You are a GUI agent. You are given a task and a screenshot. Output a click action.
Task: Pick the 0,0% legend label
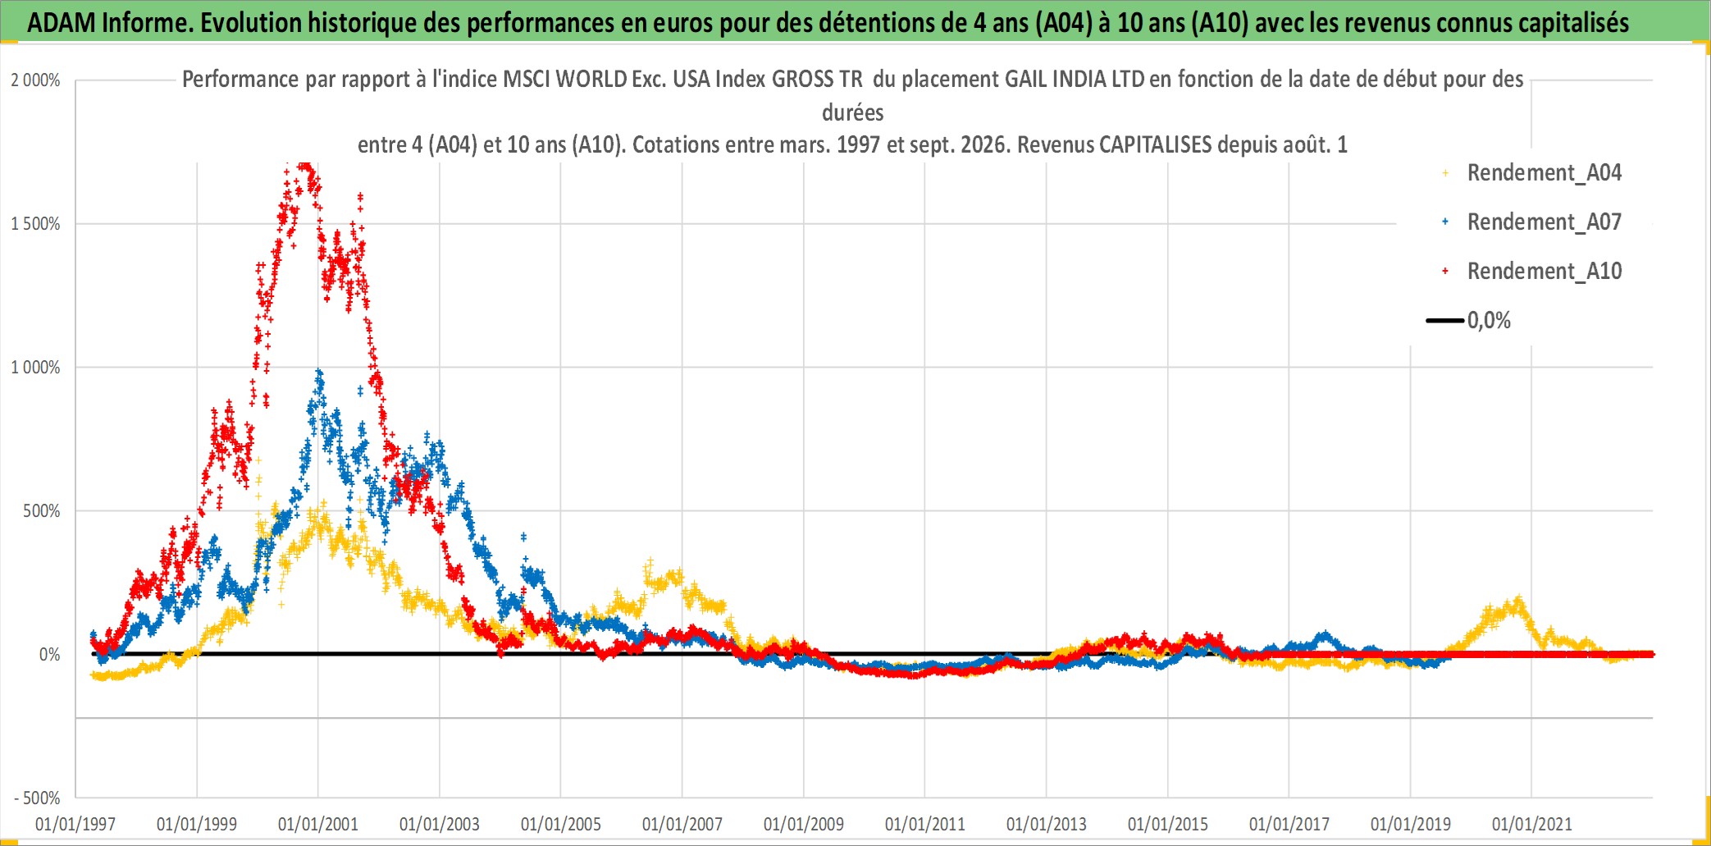(1489, 320)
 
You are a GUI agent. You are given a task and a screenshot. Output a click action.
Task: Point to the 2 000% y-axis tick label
(35, 80)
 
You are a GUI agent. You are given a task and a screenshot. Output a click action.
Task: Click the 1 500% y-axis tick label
(35, 224)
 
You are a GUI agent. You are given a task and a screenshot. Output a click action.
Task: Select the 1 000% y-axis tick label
(35, 368)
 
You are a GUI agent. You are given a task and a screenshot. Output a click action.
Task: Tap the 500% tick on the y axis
(42, 511)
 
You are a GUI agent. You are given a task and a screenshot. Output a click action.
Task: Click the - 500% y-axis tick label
(37, 798)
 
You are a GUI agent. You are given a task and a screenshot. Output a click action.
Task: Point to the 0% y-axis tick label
(50, 655)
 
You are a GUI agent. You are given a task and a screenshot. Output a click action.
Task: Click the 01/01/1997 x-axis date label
(75, 824)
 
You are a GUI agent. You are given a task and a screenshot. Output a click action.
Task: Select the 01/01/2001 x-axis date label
(318, 824)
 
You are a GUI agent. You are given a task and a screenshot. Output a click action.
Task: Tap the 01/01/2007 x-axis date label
(682, 824)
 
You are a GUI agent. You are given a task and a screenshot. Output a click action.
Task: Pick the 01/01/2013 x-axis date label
(1047, 824)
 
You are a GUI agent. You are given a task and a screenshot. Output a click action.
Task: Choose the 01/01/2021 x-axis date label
(1532, 824)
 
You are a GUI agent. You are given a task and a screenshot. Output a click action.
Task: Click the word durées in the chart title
(853, 112)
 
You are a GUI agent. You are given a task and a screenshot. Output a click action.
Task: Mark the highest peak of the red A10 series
(304, 165)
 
